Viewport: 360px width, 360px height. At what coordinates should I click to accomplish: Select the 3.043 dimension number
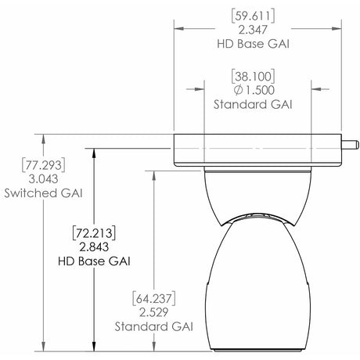pyautogui.click(x=32, y=178)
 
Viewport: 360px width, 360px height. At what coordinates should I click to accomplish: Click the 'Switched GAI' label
pyautogui.click(x=32, y=192)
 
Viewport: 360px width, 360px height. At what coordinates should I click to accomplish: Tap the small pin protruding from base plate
pyautogui.click(x=351, y=144)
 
